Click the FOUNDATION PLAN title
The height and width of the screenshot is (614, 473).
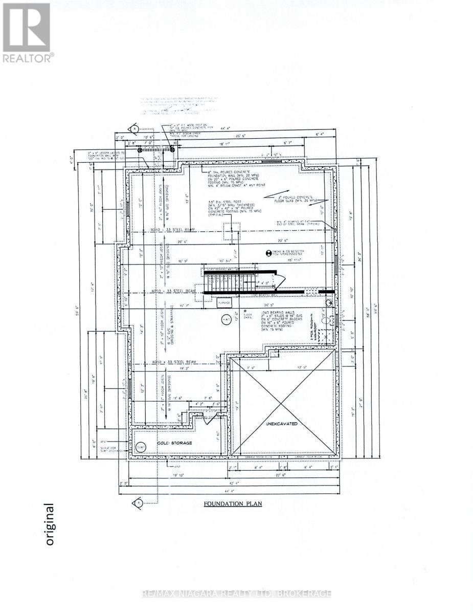click(233, 503)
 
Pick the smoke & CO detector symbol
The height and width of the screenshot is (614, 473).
click(267, 253)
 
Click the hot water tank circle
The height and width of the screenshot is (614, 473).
click(226, 320)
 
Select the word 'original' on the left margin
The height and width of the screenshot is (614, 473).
click(49, 524)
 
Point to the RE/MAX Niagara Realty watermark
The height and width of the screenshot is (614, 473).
click(236, 594)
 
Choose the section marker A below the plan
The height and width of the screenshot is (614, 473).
click(138, 502)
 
